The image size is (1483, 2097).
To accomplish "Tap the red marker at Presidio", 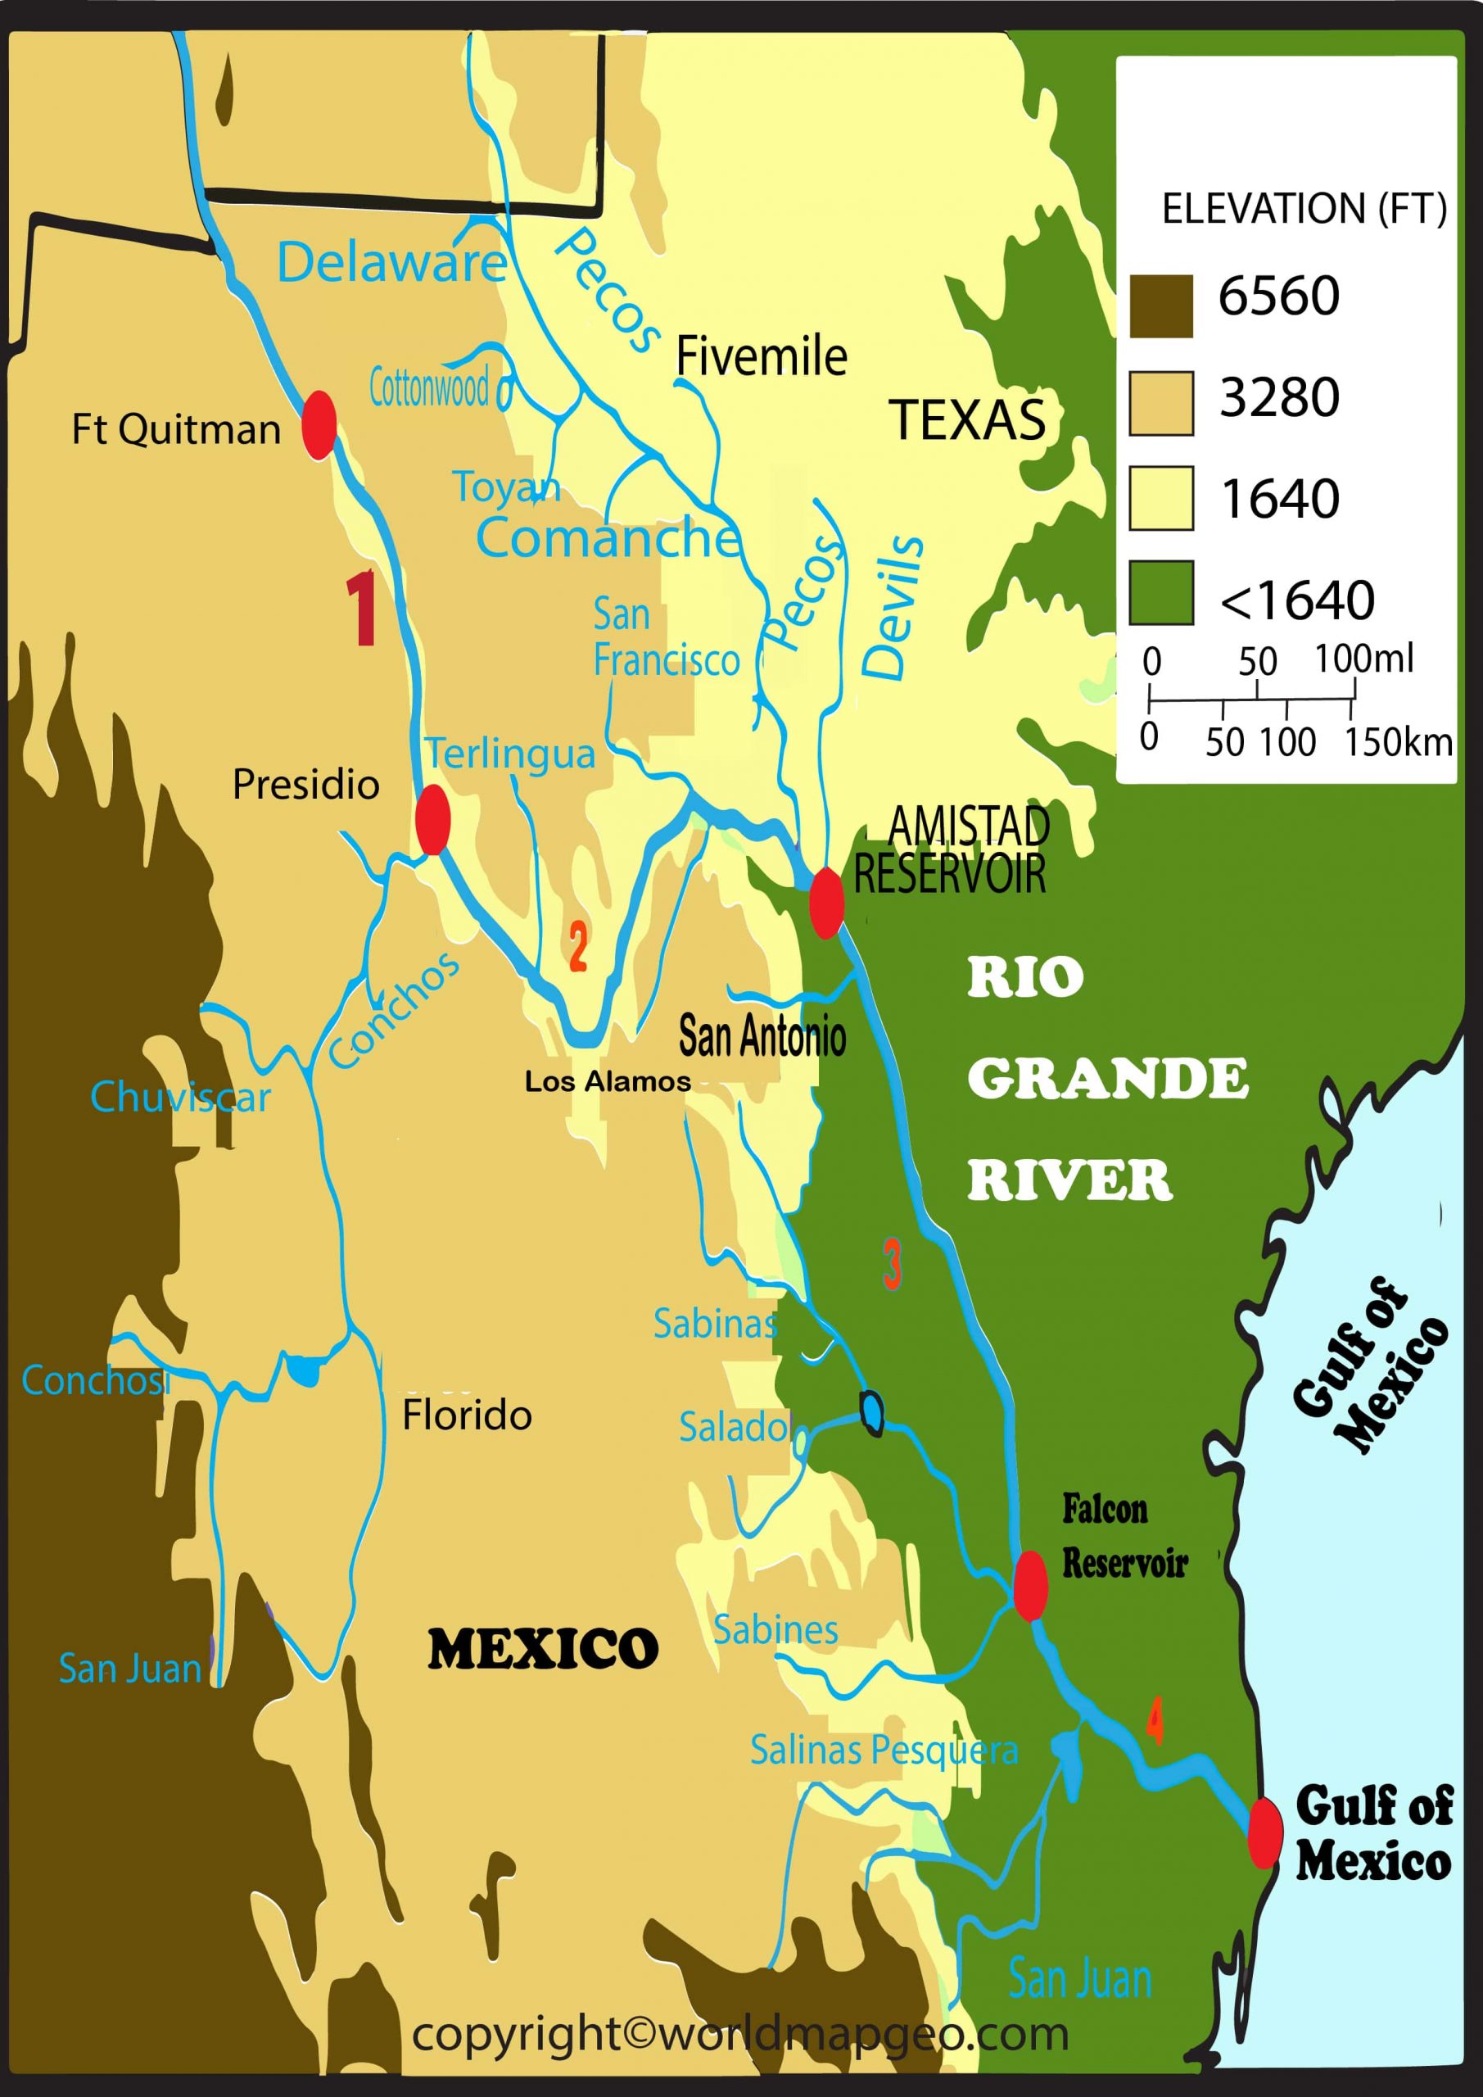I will pyautogui.click(x=433, y=819).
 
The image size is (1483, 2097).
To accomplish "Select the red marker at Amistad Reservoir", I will pyautogui.click(x=826, y=903).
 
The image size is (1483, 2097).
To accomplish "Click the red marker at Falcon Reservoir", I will pyautogui.click(x=1031, y=1586).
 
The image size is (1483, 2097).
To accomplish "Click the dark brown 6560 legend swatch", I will pyautogui.click(x=1160, y=306).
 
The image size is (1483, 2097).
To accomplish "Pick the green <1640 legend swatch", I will pyautogui.click(x=1160, y=593).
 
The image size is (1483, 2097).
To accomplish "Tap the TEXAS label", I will pyautogui.click(x=967, y=420).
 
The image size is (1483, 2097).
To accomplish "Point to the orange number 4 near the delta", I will pyautogui.click(x=1155, y=1721).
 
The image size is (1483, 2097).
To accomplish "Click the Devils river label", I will pyautogui.click(x=894, y=606).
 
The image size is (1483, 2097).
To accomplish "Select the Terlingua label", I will pyautogui.click(x=510, y=754).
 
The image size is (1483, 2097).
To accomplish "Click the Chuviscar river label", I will pyautogui.click(x=181, y=1097).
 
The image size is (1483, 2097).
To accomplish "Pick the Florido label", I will pyautogui.click(x=467, y=1415).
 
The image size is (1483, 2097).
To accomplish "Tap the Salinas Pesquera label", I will pyautogui.click(x=883, y=1750).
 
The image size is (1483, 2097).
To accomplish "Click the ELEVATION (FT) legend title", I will pyautogui.click(x=1303, y=209).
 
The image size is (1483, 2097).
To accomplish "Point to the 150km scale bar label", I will pyautogui.click(x=1397, y=741).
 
